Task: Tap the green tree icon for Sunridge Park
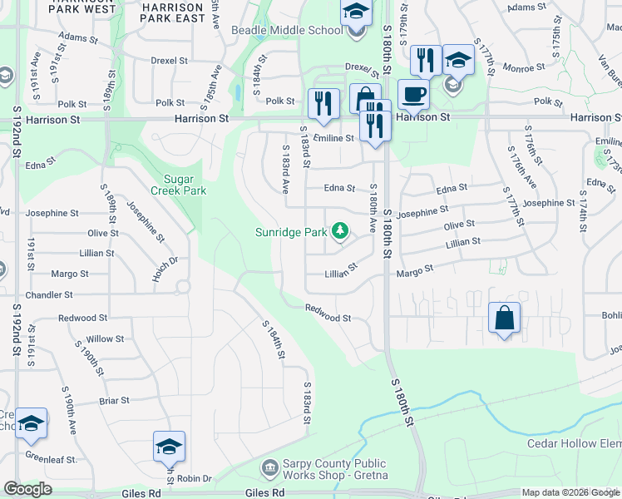pyautogui.click(x=339, y=231)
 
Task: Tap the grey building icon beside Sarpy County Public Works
pyautogui.click(x=269, y=467)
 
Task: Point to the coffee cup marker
pyautogui.click(x=412, y=94)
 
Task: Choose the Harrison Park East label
pyautogui.click(x=173, y=12)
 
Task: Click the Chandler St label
pyautogui.click(x=48, y=295)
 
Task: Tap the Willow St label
pyautogui.click(x=105, y=339)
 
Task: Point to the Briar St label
pyautogui.click(x=114, y=401)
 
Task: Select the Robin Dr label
pyautogui.click(x=195, y=479)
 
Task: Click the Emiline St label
pyautogui.click(x=333, y=138)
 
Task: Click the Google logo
pyautogui.click(x=27, y=489)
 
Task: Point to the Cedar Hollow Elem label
pyautogui.click(x=574, y=443)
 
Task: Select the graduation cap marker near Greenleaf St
pyautogui.click(x=32, y=424)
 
